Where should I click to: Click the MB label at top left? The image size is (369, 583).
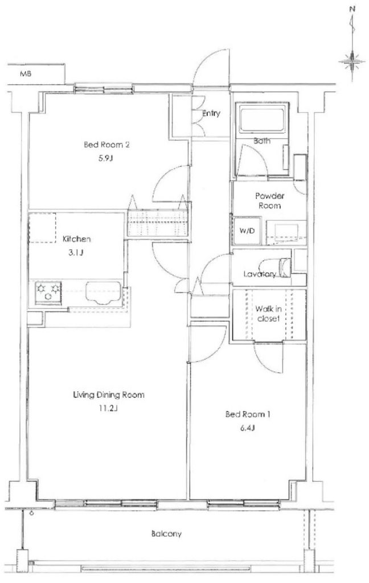[26, 74]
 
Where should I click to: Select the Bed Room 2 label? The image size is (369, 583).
[106, 145]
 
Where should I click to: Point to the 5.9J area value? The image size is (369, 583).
[106, 158]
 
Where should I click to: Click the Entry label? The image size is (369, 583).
[211, 113]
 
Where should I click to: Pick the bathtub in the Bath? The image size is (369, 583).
[263, 118]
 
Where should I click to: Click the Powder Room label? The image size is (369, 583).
[270, 201]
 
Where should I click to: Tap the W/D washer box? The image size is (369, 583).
[247, 231]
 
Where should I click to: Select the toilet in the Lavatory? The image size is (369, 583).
[285, 268]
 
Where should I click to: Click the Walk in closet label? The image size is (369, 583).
[269, 314]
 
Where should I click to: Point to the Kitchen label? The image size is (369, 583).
[76, 239]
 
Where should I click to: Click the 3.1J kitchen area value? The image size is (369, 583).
[76, 253]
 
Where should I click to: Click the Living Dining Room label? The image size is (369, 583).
[109, 395]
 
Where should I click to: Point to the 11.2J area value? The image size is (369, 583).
[108, 409]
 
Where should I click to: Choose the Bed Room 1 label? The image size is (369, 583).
[247, 414]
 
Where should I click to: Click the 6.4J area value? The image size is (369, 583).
[247, 428]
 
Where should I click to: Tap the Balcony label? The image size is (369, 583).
[166, 534]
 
